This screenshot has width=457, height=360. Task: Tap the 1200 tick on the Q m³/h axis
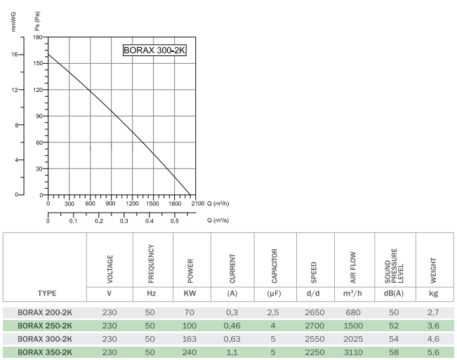(132, 204)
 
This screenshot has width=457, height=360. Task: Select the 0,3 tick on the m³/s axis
(124, 221)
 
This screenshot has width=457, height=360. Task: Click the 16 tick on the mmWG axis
(16, 55)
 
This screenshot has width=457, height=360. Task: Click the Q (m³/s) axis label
(219, 220)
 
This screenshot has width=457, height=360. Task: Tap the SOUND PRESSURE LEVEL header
(395, 262)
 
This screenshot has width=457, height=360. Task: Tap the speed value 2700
(314, 326)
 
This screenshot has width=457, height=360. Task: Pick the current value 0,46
(232, 326)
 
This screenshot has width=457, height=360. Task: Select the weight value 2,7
(435, 312)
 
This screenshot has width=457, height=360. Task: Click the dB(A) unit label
(395, 293)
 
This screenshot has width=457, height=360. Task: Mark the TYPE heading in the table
(46, 293)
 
